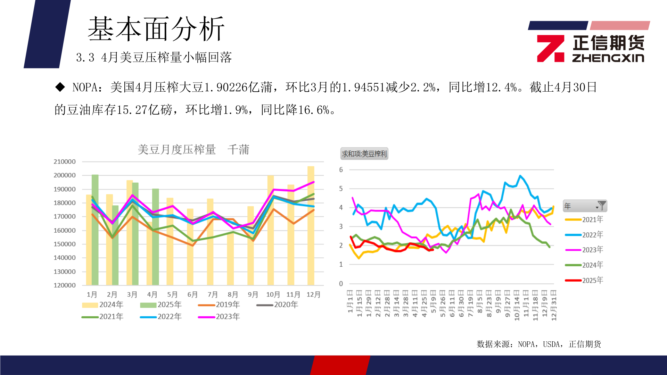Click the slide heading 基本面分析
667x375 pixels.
tap(156, 29)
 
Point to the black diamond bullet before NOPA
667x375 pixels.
tap(60, 87)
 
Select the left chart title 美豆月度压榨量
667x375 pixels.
tap(176, 150)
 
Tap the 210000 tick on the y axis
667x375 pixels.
tap(65, 161)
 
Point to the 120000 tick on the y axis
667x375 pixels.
tap(65, 285)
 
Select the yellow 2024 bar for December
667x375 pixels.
tap(311, 226)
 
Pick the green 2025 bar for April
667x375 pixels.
tap(155, 237)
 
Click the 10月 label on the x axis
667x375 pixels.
tap(273, 294)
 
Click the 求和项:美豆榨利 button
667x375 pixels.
tap(364, 154)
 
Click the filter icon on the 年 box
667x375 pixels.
tap(601, 206)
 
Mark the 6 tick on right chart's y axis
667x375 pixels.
tap(341, 170)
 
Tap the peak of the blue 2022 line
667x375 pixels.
tap(520, 176)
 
